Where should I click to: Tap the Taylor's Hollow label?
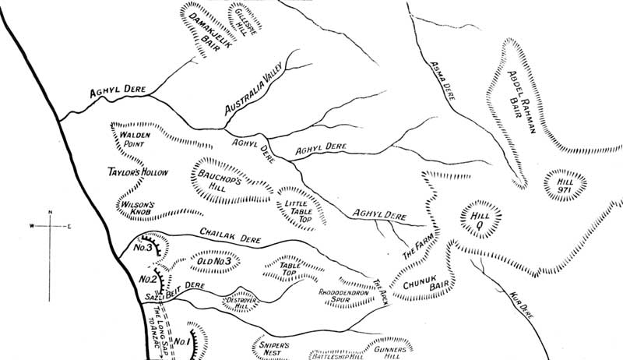pos(137,171)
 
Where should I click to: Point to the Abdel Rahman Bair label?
pos(519,109)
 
